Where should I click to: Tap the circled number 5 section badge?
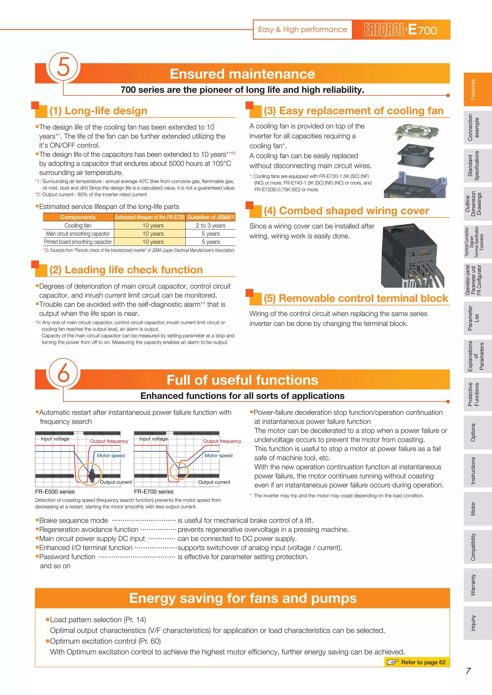pyautogui.click(x=63, y=67)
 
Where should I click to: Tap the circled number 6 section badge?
pyautogui.click(x=63, y=373)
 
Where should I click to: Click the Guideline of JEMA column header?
pyautogui.click(x=210, y=217)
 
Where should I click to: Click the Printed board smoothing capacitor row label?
pyautogui.click(x=78, y=242)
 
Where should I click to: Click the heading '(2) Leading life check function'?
pyautogui.click(x=126, y=270)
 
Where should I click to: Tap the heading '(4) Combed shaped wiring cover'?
pyautogui.click(x=346, y=211)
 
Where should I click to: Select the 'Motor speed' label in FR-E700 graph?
pyautogui.click(x=218, y=455)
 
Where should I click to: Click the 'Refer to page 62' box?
pyautogui.click(x=417, y=662)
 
